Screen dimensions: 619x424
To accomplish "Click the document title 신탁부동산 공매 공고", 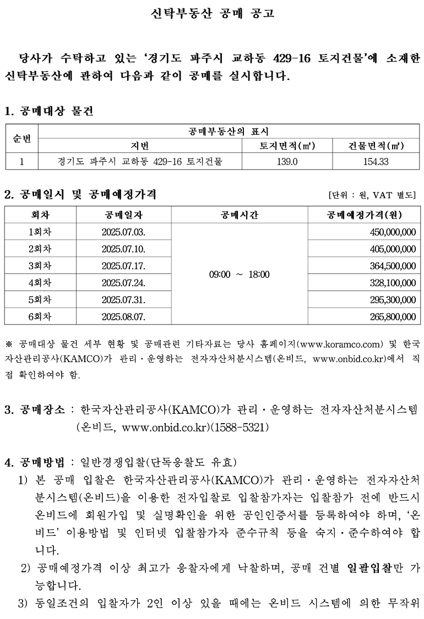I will click(x=212, y=14).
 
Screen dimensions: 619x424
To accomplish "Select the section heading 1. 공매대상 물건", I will click(x=49, y=111).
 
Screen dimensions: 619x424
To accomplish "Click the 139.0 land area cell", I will click(x=286, y=162).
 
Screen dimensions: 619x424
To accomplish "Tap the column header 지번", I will click(x=140, y=146).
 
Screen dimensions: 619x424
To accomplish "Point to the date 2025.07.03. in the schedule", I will click(x=123, y=232).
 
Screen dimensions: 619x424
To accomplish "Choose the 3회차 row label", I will click(x=40, y=266).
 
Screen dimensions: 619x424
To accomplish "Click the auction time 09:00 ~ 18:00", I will click(x=240, y=274).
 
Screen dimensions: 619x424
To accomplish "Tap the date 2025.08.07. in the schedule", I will click(x=123, y=317).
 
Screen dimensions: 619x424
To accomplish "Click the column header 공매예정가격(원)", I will click(x=364, y=215).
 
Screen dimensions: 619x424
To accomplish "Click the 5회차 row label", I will click(x=40, y=300).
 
